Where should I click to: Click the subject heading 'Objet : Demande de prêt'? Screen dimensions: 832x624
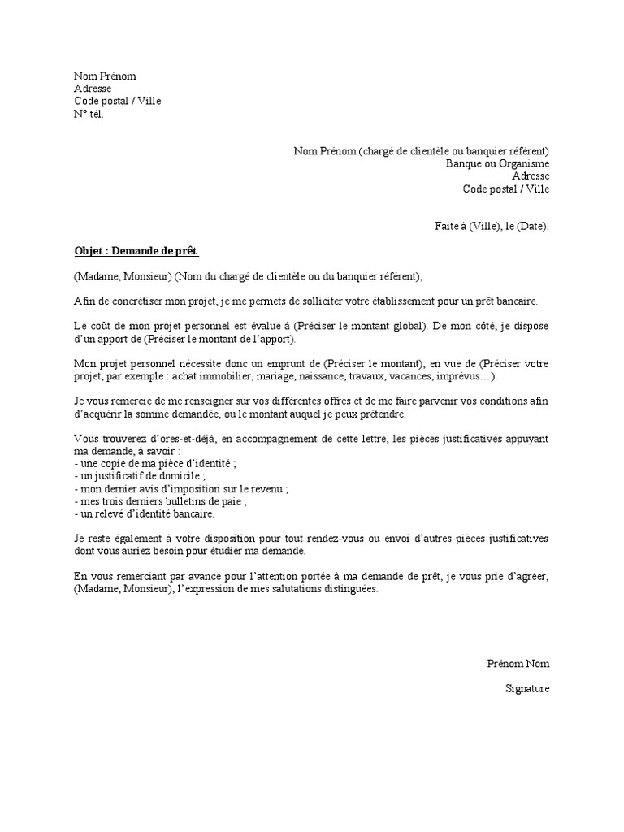136,251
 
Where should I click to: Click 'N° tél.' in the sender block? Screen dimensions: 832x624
89,114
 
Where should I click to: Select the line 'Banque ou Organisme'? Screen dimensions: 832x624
497,163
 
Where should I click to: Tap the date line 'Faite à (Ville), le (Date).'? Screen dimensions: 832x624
492,227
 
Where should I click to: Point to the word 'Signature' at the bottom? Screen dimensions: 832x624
527,689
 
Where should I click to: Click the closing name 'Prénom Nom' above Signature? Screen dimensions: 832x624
518,664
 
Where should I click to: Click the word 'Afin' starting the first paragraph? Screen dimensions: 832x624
84,301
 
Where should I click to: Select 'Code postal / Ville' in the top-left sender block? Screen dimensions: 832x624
118,101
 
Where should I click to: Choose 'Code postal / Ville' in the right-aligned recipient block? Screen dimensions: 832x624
506,188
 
